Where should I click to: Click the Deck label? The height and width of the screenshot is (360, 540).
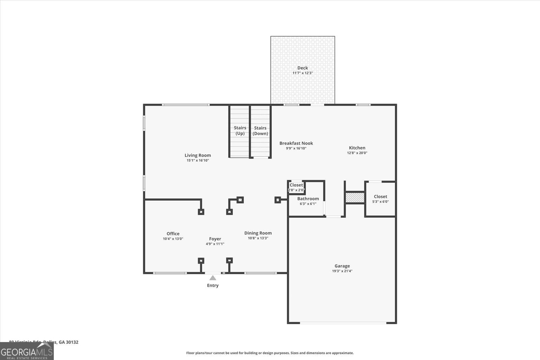pyautogui.click(x=302, y=68)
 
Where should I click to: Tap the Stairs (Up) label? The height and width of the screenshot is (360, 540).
pyautogui.click(x=240, y=130)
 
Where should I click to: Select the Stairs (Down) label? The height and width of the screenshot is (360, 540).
pyautogui.click(x=260, y=131)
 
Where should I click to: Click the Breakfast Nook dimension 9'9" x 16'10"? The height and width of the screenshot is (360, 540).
pyautogui.click(x=296, y=148)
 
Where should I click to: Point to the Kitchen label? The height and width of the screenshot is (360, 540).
pyautogui.click(x=357, y=148)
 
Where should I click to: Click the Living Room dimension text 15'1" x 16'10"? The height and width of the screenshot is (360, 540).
pyautogui.click(x=198, y=160)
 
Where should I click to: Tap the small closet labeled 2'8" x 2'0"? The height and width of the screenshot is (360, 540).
pyautogui.click(x=296, y=187)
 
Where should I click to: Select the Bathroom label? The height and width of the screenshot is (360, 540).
pyautogui.click(x=308, y=199)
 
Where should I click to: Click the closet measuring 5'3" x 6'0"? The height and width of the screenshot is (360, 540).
pyautogui.click(x=380, y=199)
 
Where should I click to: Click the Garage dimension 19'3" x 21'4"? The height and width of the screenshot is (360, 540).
pyautogui.click(x=342, y=271)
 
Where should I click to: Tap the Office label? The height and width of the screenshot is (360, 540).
pyautogui.click(x=173, y=233)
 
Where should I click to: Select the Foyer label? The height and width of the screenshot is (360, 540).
pyautogui.click(x=215, y=239)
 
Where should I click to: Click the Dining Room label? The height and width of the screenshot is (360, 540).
pyautogui.click(x=258, y=233)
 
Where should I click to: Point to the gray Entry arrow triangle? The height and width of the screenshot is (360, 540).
pyautogui.click(x=213, y=278)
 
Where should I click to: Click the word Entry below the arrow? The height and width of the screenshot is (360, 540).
pyautogui.click(x=213, y=285)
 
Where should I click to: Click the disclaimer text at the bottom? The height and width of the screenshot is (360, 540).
pyautogui.click(x=270, y=353)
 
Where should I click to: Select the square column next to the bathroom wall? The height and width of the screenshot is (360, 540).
pyautogui.click(x=278, y=200)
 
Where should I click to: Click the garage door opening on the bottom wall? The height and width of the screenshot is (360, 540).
pyautogui.click(x=343, y=323)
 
